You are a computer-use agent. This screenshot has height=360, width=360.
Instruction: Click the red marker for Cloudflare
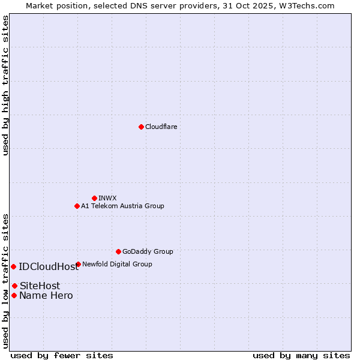click(x=141, y=127)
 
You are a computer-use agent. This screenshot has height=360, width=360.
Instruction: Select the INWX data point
click(x=94, y=198)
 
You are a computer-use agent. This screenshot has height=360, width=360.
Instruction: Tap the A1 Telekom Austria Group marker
click(x=77, y=206)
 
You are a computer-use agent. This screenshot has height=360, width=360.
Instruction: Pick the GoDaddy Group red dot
click(x=118, y=251)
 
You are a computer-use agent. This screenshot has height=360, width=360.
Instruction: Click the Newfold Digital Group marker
click(x=78, y=264)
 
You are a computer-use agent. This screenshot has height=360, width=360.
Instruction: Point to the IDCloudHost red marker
click(x=13, y=266)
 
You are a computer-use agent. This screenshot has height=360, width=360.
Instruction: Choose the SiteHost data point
click(x=14, y=286)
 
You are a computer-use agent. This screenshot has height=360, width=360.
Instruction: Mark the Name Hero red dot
click(x=14, y=295)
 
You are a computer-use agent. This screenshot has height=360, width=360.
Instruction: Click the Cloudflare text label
click(x=161, y=127)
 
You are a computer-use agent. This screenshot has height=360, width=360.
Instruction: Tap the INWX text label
click(x=107, y=198)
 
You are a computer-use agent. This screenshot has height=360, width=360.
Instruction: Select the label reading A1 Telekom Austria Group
click(x=122, y=206)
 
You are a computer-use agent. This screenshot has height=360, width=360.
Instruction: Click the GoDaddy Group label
click(x=148, y=251)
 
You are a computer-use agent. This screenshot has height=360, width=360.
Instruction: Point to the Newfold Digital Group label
click(x=117, y=264)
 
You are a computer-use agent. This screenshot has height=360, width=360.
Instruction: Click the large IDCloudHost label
click(x=49, y=267)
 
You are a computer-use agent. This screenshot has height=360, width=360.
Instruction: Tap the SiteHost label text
click(x=40, y=286)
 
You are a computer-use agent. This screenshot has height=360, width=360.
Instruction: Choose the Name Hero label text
click(x=46, y=296)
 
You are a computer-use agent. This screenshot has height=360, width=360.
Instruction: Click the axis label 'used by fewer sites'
click(x=62, y=355)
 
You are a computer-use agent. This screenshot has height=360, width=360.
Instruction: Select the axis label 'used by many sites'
click(x=301, y=355)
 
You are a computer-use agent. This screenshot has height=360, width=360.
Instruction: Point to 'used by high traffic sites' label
click(x=5, y=86)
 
